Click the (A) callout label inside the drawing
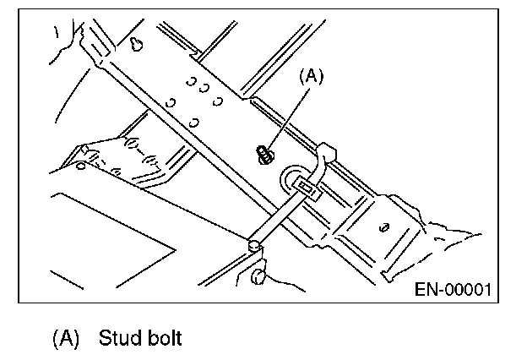click(x=312, y=77)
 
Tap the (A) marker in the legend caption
click(x=66, y=339)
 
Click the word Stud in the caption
click(x=117, y=339)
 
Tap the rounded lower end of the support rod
click(x=253, y=246)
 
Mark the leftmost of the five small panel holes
click(x=170, y=103)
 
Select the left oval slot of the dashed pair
click(x=133, y=144)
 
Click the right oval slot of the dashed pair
click(x=153, y=158)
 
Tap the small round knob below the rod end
click(x=261, y=275)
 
